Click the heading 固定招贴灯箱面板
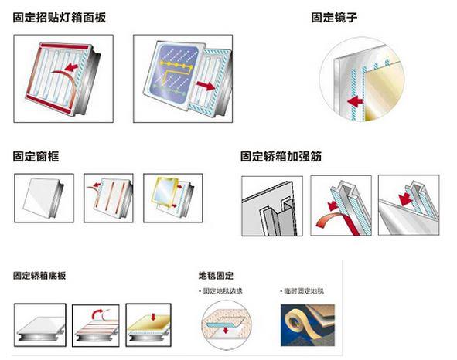coord(60,18)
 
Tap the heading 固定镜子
coord(334,18)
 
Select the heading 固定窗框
coord(36,156)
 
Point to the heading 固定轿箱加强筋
coord(281,156)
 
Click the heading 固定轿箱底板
coord(39,276)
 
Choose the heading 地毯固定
coord(216,276)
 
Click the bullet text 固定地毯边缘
coord(223,291)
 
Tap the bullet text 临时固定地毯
coord(304,291)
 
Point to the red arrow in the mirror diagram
coord(355,102)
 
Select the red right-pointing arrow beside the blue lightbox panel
coord(206,85)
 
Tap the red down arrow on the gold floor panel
coord(153,318)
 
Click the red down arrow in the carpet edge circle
coord(225,331)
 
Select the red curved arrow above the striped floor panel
coord(97,314)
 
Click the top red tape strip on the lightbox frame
coord(64,46)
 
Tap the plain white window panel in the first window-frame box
coord(42,198)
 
